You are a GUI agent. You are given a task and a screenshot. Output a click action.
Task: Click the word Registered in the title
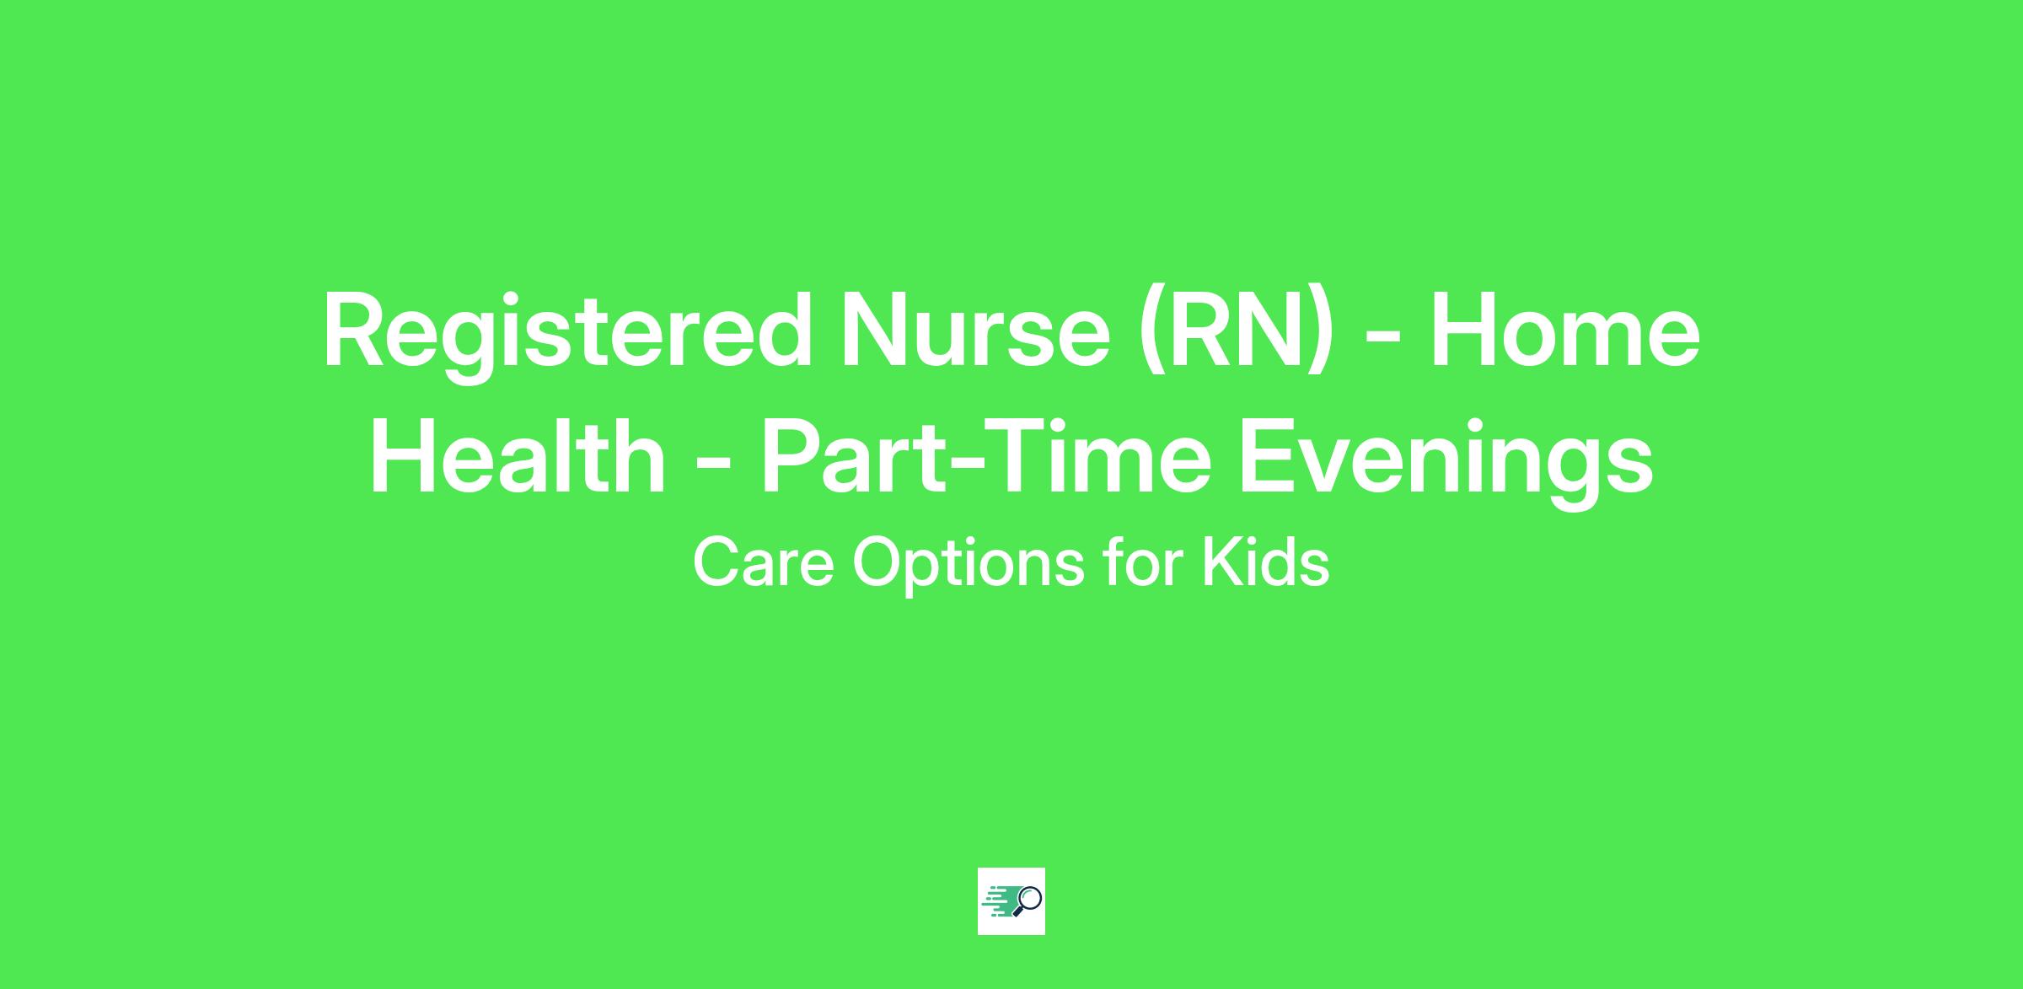tap(567, 336)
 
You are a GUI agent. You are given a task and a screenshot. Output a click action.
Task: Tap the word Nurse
tap(974, 331)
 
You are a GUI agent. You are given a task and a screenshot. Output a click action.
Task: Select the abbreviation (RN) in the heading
tap(1237, 333)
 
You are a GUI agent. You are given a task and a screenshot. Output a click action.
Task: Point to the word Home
tap(1564, 331)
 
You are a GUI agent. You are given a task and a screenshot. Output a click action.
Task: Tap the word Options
tap(969, 566)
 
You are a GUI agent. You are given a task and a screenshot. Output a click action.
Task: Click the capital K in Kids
tap(1219, 562)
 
